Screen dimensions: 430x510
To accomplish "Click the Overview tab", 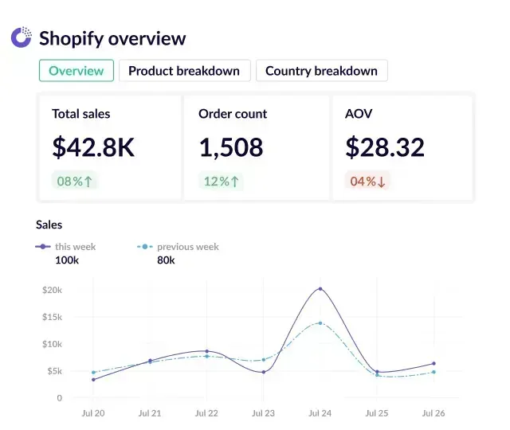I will click(76, 71).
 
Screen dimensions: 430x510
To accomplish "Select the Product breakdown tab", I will click(184, 71).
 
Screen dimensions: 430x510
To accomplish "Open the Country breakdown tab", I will click(321, 71).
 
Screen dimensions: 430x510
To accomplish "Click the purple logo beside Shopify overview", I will click(21, 37).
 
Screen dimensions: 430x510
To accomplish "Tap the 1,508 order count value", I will click(231, 147).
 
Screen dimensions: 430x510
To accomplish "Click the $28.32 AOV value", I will click(385, 147).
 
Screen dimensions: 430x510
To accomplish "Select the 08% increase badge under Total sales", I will click(74, 181).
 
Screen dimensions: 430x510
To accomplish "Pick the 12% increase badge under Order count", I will click(222, 181).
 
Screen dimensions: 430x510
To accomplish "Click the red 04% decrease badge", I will click(367, 181).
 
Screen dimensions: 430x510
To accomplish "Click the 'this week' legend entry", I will click(75, 247).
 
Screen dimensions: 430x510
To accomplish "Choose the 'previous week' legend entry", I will click(187, 247).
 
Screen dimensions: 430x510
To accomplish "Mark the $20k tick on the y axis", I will click(52, 290).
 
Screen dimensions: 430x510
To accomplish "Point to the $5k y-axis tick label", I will click(54, 371).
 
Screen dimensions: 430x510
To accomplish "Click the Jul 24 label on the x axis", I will click(320, 414).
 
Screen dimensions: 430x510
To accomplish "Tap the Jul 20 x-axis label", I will click(93, 414).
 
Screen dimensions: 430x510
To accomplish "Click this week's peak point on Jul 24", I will click(320, 289).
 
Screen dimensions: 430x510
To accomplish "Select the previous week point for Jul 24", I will click(320, 323).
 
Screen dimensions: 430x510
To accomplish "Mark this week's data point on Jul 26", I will click(433, 364).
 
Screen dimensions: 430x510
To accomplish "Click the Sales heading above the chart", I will click(49, 225).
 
